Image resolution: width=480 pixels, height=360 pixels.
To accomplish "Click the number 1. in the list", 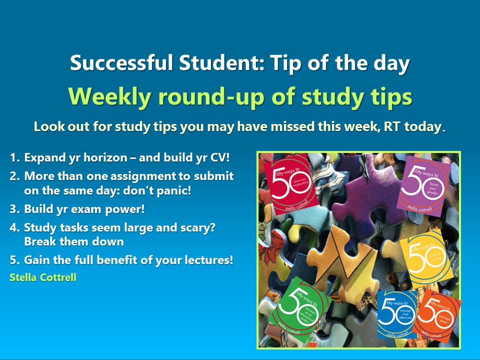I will (x=14, y=158).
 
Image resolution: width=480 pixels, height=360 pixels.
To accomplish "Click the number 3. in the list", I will (x=14, y=209).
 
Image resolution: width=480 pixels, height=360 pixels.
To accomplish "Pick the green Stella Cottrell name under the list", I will (x=43, y=277).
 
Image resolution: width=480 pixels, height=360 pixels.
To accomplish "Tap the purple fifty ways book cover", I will (x=423, y=182).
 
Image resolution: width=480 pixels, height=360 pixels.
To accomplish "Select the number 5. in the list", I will (x=14, y=260).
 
